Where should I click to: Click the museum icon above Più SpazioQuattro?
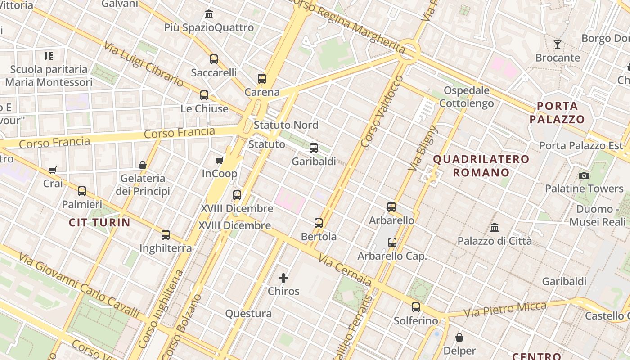tap(209, 14)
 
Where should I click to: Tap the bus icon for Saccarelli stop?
tap(214, 59)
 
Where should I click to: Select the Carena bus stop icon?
tap(262, 79)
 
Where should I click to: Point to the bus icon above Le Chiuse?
tap(204, 95)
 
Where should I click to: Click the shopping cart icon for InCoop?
tap(220, 160)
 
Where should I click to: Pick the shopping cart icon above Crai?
tap(53, 170)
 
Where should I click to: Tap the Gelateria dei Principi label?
tap(143, 185)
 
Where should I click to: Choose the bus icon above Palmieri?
tap(82, 191)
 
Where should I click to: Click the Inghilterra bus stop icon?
tap(166, 234)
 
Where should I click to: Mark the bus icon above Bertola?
tap(319, 223)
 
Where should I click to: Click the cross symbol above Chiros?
tap(283, 278)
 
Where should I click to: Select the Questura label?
tap(248, 314)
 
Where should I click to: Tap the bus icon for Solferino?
tap(416, 307)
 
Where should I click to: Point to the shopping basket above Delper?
tap(459, 337)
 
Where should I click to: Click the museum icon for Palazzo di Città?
tap(495, 228)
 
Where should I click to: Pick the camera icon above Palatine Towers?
tap(584, 175)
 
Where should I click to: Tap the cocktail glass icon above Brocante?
tap(558, 45)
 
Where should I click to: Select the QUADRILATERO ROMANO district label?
tap(481, 166)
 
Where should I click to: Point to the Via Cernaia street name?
tap(345, 270)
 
